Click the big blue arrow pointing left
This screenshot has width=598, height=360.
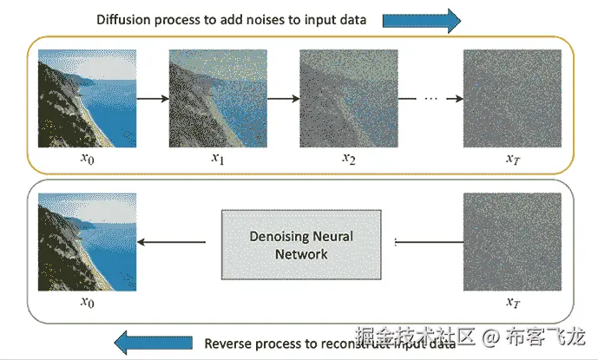coord(153,343)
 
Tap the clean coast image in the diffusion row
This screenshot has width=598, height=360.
coord(88,98)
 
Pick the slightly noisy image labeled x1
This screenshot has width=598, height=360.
coord(217,98)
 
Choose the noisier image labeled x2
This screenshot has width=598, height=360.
coord(348,98)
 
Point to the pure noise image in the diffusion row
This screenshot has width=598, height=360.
coord(511,98)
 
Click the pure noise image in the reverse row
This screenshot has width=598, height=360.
coord(511,241)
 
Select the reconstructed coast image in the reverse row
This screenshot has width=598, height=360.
coord(88,241)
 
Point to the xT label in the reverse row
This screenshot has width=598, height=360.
coord(512,303)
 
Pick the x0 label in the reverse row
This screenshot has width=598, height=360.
coord(87,303)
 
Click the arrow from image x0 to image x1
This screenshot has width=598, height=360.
coord(153,98)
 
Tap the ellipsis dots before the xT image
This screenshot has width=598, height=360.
coord(431,98)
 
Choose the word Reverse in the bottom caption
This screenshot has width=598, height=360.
coord(227,344)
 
